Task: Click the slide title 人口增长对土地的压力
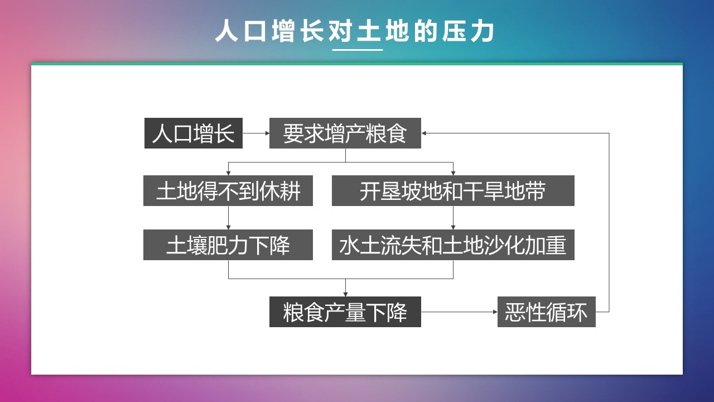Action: (354, 31)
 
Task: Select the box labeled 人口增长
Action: (194, 133)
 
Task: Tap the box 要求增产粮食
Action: (345, 133)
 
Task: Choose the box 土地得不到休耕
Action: (228, 190)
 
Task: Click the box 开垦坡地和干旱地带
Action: (453, 190)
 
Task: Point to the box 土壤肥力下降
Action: (228, 245)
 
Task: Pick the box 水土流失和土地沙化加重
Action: (453, 245)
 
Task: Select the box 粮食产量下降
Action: (345, 312)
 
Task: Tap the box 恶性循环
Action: (546, 312)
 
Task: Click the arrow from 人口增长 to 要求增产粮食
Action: (256, 133)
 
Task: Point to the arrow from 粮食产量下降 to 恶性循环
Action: (459, 312)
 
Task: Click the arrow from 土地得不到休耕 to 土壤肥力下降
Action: (228, 218)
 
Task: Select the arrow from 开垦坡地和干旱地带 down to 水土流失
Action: (453, 218)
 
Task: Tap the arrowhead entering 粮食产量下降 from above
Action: (345, 294)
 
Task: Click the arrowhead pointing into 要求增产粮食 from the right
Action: (423, 133)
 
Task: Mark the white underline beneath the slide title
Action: (358, 50)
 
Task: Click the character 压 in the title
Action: (454, 31)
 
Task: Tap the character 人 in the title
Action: (226, 31)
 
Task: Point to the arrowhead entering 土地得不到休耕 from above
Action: (228, 173)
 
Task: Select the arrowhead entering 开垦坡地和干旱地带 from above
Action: (453, 173)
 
